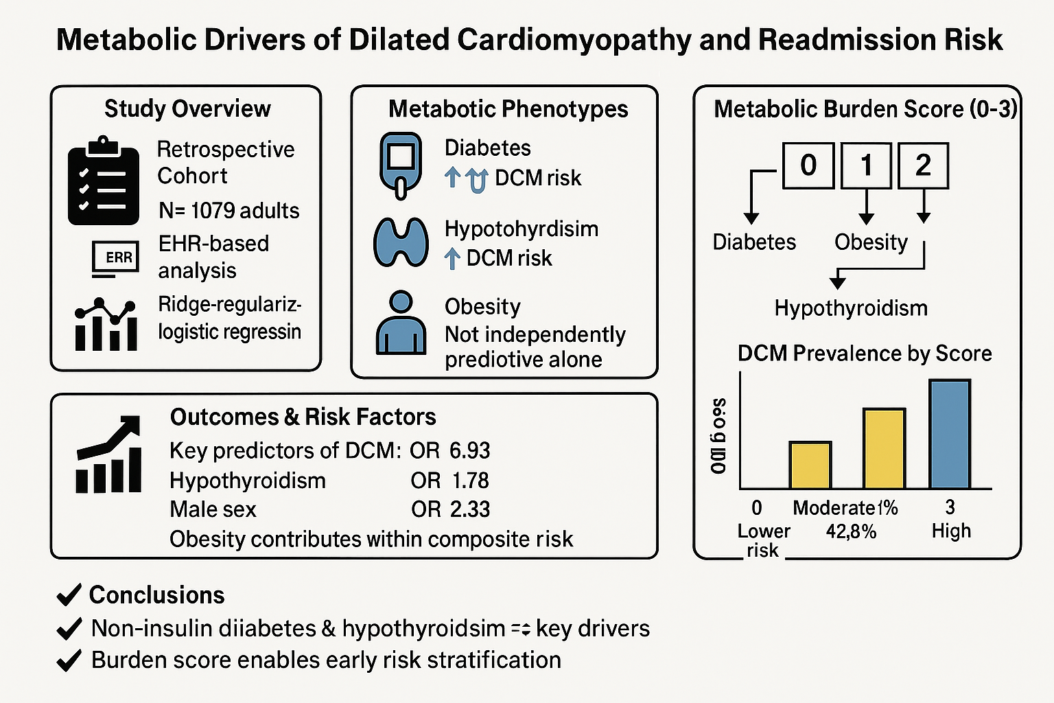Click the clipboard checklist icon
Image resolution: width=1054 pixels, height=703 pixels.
pyautogui.click(x=104, y=181)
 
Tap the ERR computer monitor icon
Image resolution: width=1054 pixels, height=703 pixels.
pyautogui.click(x=115, y=258)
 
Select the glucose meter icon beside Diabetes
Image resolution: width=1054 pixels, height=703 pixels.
pyautogui.click(x=400, y=165)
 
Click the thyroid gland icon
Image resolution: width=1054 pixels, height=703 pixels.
pyautogui.click(x=401, y=242)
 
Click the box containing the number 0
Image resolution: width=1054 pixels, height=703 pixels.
pyautogui.click(x=808, y=165)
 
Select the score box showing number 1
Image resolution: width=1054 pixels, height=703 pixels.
pyautogui.click(x=866, y=165)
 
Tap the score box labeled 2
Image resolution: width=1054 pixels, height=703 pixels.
pyautogui.click(x=923, y=165)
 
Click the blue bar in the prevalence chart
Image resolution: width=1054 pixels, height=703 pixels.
pyautogui.click(x=950, y=434)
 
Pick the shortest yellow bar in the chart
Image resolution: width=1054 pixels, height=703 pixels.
pyautogui.click(x=810, y=465)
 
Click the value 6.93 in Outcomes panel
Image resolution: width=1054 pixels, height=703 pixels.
pyautogui.click(x=470, y=450)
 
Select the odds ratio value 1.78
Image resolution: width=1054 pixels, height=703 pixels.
pyautogui.click(x=470, y=481)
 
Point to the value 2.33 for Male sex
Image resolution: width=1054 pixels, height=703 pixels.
pyautogui.click(x=470, y=509)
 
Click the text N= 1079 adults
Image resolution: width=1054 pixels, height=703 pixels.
pyautogui.click(x=229, y=210)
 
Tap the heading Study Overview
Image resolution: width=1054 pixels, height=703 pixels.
pyautogui.click(x=187, y=108)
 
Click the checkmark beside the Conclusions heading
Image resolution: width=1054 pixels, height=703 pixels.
pyautogui.click(x=69, y=595)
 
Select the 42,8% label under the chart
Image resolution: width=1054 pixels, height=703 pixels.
pyautogui.click(x=851, y=531)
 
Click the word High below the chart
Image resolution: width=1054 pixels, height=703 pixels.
pyautogui.click(x=951, y=531)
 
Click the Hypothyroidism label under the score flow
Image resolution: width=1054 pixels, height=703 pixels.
pyautogui.click(x=851, y=308)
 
